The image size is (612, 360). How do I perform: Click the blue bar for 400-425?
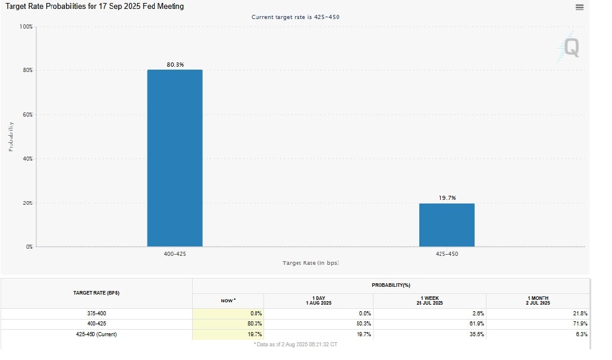tap(175, 158)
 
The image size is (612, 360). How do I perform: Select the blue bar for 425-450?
tap(447, 225)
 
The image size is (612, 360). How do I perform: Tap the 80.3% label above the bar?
tap(175, 64)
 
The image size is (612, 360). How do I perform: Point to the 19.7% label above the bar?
tap(447, 198)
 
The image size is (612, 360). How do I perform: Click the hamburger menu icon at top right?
tap(579, 7)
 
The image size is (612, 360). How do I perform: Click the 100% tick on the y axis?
tap(26, 27)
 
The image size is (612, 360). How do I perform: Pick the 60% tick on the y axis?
tap(27, 114)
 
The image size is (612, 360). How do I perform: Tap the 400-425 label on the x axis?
tap(175, 254)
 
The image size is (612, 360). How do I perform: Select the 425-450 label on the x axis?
tap(447, 254)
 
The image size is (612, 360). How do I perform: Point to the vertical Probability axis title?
tap(11, 136)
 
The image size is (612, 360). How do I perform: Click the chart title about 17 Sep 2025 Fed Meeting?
tap(95, 7)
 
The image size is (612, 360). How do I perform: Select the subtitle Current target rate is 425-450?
tap(295, 17)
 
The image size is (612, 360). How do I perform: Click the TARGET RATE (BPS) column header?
tap(96, 293)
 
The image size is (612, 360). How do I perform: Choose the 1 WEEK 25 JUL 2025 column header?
tap(429, 300)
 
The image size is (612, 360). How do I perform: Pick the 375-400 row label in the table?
tap(96, 313)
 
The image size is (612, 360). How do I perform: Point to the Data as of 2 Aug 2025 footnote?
tap(296, 345)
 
